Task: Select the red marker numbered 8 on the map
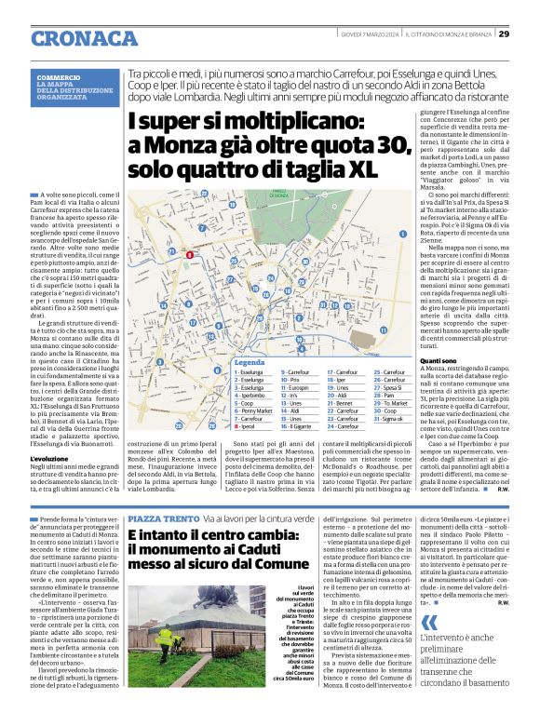(x=189, y=254)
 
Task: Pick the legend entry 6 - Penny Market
(x=254, y=410)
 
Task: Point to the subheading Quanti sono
(x=419, y=360)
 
